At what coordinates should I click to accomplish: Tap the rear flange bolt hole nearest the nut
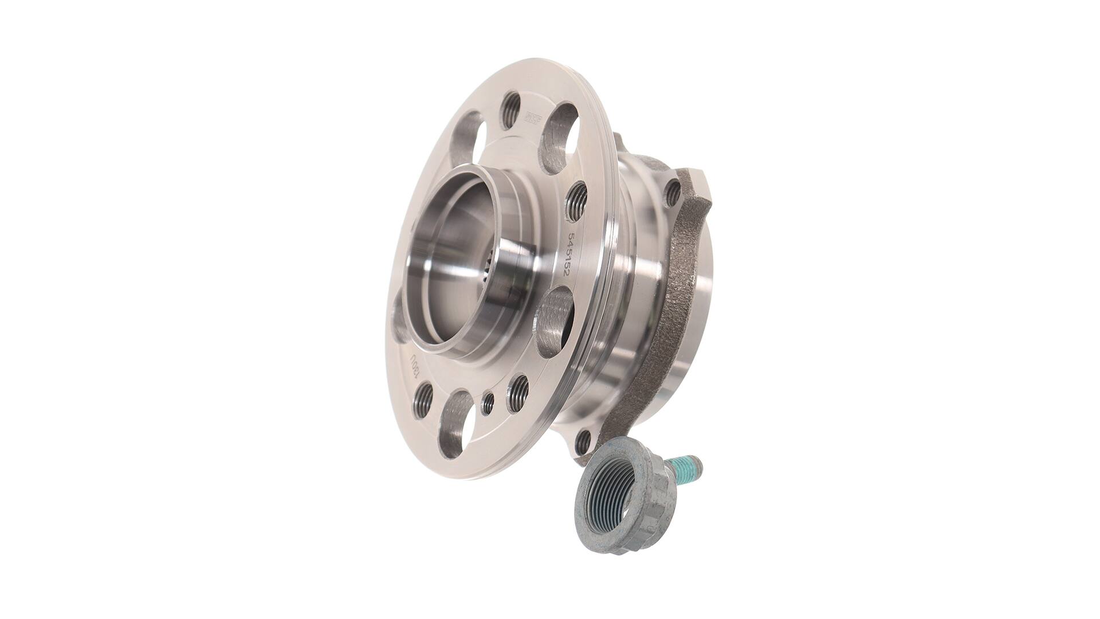click(584, 440)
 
